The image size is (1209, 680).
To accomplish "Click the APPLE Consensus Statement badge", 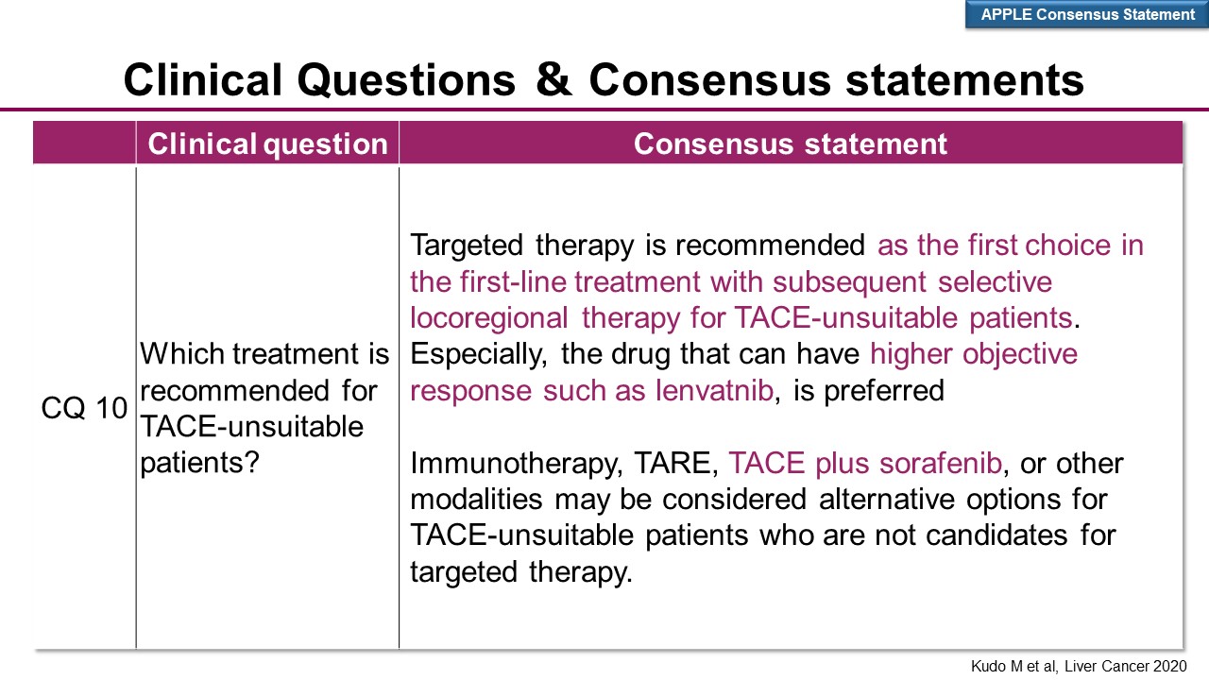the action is (x=1087, y=14).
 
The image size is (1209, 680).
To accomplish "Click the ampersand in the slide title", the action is (x=553, y=80).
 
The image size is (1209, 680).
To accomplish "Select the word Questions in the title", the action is (x=406, y=80).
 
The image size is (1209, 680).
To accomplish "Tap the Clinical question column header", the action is (x=267, y=144).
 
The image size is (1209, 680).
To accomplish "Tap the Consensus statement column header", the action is (x=791, y=144).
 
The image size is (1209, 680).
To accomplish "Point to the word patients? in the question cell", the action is (x=199, y=464).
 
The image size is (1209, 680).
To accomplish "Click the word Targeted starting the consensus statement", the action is (x=467, y=246).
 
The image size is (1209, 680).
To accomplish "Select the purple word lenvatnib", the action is (x=715, y=390).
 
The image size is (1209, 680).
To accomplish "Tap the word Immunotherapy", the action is (x=517, y=464).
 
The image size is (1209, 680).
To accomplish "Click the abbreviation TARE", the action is (x=675, y=463).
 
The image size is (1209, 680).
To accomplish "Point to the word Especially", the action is (x=479, y=355).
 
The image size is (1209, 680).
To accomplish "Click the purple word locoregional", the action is (x=489, y=318).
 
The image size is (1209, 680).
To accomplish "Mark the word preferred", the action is (x=884, y=391).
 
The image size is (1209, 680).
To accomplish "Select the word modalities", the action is (x=477, y=500).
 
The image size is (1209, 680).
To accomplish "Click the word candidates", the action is (x=996, y=535).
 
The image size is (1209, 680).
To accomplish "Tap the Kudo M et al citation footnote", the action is (x=1079, y=666).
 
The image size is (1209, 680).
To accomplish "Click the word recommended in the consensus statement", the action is (x=770, y=246).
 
